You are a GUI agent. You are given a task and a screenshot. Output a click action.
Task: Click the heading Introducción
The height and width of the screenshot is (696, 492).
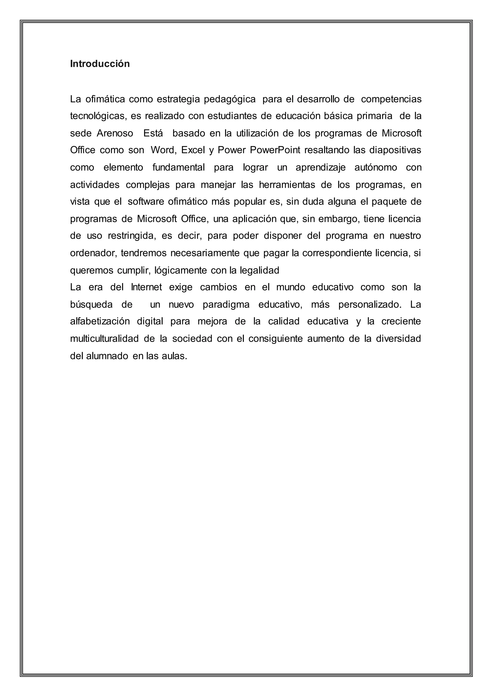[100, 64]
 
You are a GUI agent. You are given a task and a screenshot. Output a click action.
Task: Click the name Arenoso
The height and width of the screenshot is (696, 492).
[115, 133]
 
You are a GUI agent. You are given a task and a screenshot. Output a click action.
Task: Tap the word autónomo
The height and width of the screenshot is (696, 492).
[376, 167]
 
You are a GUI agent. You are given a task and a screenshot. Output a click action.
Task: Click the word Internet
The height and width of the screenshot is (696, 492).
[146, 287]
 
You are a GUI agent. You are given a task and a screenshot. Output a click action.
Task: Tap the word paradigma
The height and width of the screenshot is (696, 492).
[226, 304]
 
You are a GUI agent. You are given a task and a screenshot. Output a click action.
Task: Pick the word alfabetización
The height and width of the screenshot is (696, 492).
[100, 321]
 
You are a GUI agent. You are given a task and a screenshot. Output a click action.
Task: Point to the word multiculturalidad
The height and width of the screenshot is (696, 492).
[104, 339]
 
